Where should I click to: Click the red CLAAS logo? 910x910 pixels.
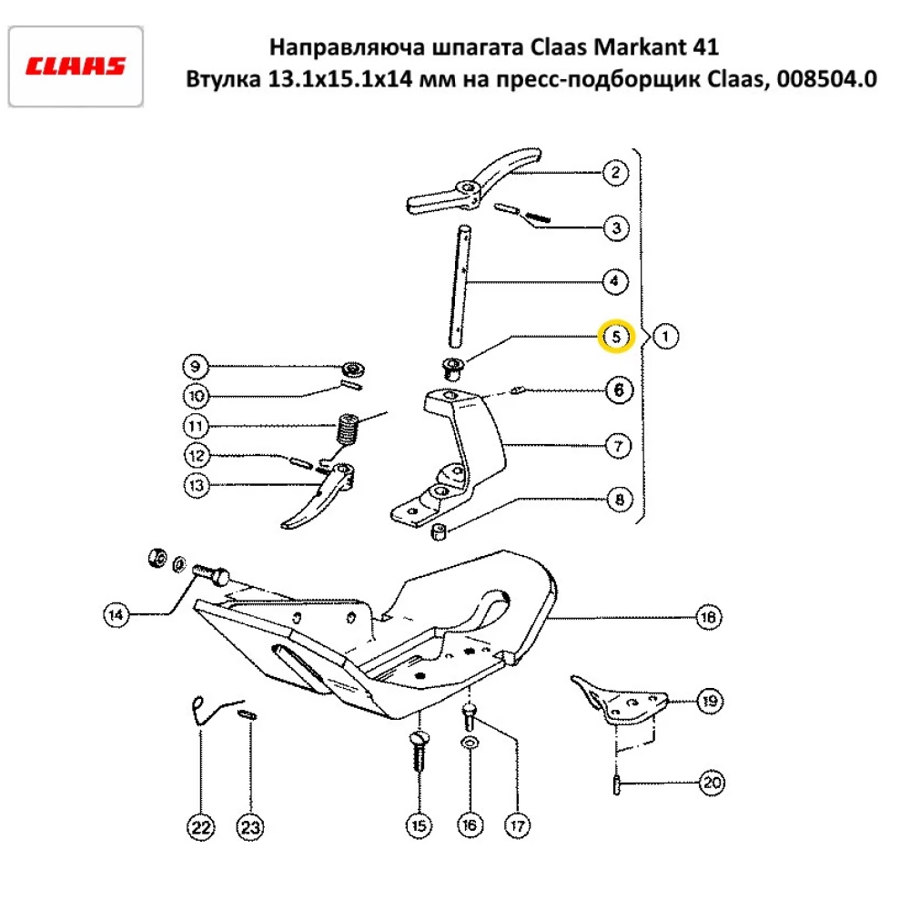coord(76,66)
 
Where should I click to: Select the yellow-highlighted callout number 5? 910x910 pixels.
coord(615,337)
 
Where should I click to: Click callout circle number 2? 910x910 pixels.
coord(615,173)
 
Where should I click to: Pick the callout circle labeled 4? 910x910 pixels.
coord(615,282)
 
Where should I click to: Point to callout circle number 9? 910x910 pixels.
coord(195,368)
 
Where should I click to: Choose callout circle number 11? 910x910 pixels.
coord(195,425)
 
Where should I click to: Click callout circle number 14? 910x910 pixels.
coord(116,616)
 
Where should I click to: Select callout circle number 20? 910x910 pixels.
coord(711,783)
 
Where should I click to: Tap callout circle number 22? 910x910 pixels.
coord(200,827)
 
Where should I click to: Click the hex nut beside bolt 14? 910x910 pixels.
coord(156,556)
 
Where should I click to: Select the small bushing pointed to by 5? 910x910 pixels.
coord(451,369)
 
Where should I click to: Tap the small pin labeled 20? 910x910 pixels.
coord(617,783)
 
